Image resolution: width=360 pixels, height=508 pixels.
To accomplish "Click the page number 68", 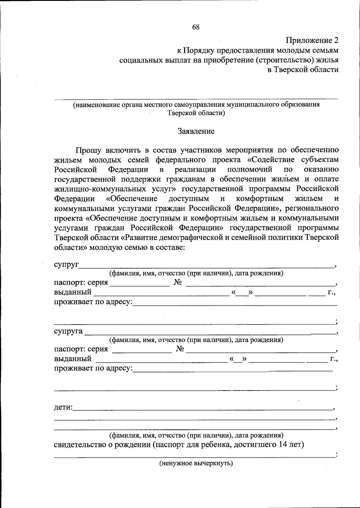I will [196, 27].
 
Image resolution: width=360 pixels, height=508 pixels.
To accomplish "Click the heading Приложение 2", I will [312, 40].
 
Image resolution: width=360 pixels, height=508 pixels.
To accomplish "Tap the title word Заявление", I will [196, 131].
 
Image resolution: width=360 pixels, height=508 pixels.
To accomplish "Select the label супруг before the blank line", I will [66, 265].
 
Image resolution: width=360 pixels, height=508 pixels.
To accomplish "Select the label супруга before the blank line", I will [68, 331].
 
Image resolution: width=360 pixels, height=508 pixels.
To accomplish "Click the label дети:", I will [63, 407].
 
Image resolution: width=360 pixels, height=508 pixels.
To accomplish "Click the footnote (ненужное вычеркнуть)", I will [196, 463].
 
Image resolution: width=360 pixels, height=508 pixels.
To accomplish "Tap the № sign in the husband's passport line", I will [178, 282].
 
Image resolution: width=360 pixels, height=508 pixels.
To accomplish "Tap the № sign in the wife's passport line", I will [180, 349].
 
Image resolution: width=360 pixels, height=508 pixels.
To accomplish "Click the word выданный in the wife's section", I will [73, 358].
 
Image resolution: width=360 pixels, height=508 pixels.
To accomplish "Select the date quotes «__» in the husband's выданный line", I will [242, 293].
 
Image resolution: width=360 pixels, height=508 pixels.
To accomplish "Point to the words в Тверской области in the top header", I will [303, 70].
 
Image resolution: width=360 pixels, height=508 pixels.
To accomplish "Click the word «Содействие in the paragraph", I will [270, 159].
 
